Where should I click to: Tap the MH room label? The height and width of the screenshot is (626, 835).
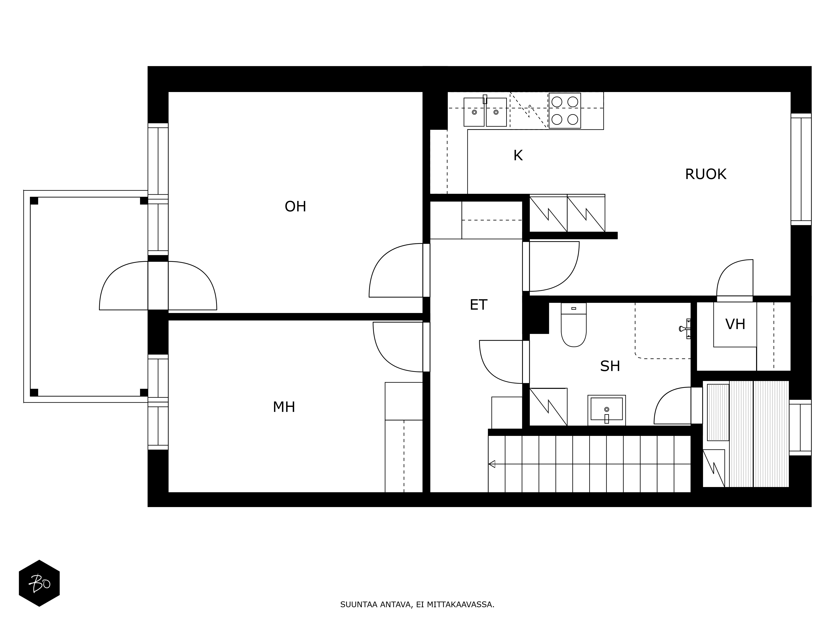coord(284,407)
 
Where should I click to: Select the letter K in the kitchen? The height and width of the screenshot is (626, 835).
coord(518,155)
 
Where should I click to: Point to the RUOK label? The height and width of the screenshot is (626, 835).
coord(706,174)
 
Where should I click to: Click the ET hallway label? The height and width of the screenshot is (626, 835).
coord(478,305)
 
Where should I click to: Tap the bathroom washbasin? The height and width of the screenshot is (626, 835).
coord(607,410)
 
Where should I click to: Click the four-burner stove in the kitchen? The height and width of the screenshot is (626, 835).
coord(565,111)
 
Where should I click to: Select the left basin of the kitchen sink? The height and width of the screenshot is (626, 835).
coord(474,112)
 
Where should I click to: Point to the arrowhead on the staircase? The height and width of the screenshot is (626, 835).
coord(491,464)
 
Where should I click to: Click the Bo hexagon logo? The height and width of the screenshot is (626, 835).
coord(39,583)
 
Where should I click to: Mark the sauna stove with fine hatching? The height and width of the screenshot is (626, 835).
coord(718,412)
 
